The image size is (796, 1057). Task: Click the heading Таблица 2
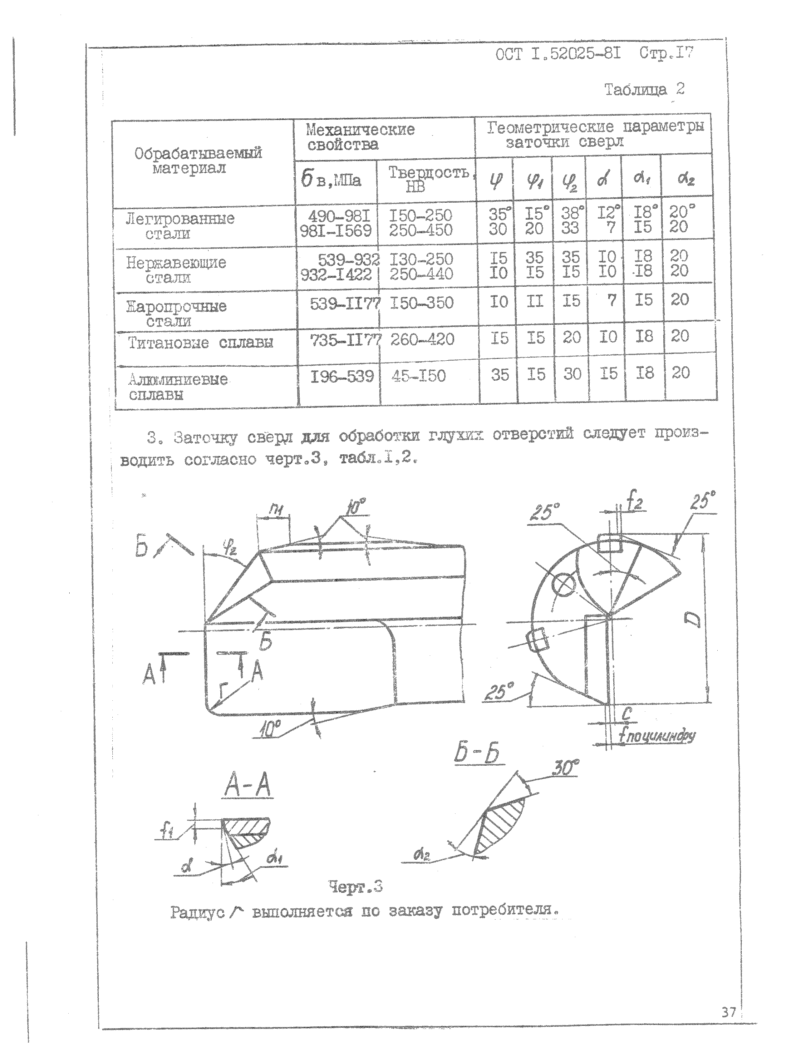point(644,89)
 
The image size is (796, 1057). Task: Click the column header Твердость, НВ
point(428,179)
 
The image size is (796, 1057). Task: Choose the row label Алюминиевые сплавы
point(178,387)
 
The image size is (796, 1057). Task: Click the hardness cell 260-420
point(422,340)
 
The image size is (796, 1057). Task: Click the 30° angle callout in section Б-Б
point(565,769)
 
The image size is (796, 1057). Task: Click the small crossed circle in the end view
point(563,583)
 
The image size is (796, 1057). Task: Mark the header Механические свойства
point(360,137)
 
